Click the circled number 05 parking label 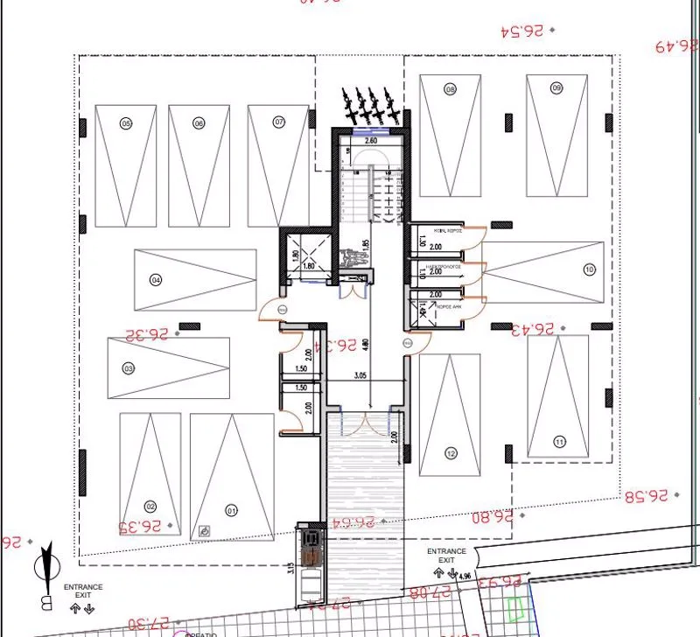click(x=126, y=124)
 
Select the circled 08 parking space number click(x=451, y=89)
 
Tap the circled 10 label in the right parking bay click(x=589, y=269)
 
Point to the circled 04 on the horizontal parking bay click(x=157, y=280)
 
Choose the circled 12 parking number click(x=451, y=453)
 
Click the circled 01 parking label click(x=232, y=509)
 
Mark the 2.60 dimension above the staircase click(x=370, y=140)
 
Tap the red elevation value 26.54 click(x=522, y=31)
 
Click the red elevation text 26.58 click(x=645, y=496)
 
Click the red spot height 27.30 click(x=150, y=623)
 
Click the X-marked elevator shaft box click(x=307, y=255)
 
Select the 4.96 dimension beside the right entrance click(x=465, y=576)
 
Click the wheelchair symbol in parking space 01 click(x=204, y=530)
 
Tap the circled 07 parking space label click(x=279, y=121)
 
